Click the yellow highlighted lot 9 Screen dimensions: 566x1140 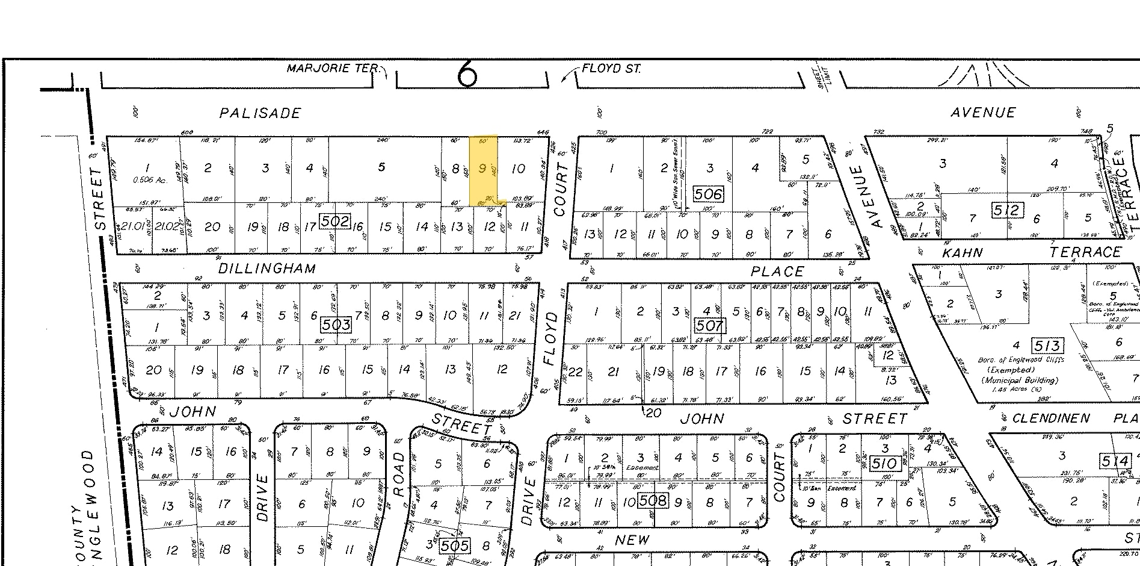[483, 169]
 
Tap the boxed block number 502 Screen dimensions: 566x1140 [334, 221]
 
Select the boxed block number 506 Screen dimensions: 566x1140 [707, 194]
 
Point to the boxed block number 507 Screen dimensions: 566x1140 [709, 326]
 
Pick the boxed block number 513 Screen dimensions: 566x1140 [1047, 346]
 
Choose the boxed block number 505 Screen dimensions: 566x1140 [454, 546]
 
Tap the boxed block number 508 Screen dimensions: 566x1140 [653, 500]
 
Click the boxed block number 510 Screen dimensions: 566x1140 [884, 464]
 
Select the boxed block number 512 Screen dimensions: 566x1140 [1006, 211]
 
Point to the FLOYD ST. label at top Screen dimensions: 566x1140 [611, 69]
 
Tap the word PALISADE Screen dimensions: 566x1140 [260, 113]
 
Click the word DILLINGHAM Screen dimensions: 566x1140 [267, 269]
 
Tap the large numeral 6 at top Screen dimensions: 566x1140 [467, 75]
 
